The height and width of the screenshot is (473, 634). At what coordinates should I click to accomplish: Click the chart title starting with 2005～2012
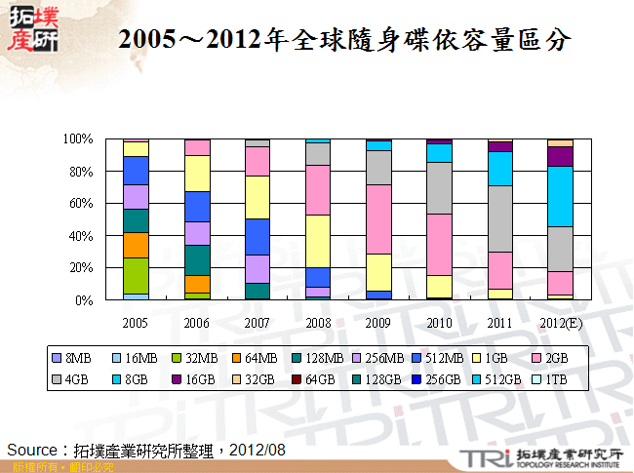tap(343, 40)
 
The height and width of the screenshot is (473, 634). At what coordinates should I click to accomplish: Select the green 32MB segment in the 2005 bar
tap(136, 275)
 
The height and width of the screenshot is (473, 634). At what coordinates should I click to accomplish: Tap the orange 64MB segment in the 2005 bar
tap(136, 245)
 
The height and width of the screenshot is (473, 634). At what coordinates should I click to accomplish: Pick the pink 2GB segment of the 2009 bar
tap(378, 218)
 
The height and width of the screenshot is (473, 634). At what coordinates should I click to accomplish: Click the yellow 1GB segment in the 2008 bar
tap(318, 241)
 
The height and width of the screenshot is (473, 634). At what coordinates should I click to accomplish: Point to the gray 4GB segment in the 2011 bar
tap(499, 218)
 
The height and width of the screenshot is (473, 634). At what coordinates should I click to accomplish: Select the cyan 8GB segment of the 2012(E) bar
tap(560, 196)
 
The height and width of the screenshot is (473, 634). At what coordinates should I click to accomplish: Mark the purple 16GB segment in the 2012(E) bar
tap(560, 156)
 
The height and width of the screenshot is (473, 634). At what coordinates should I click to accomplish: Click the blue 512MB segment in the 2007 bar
tap(258, 236)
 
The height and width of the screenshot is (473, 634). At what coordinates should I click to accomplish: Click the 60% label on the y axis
tap(81, 204)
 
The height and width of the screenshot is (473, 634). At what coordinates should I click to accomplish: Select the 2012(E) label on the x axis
tap(560, 321)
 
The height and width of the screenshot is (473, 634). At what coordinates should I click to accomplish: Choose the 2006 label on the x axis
tap(196, 321)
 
